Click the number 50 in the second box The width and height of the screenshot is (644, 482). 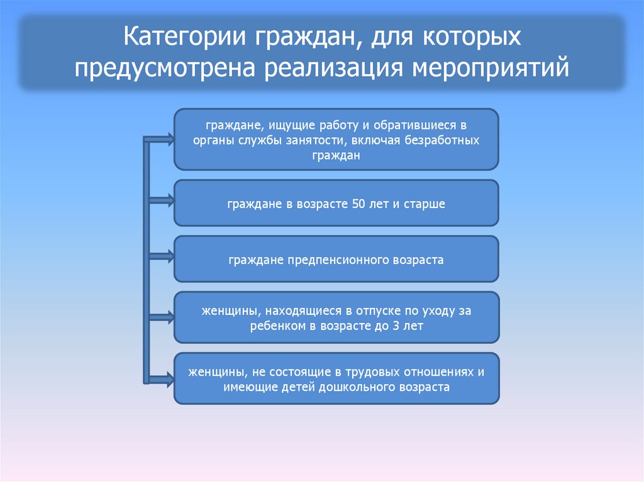(353, 204)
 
